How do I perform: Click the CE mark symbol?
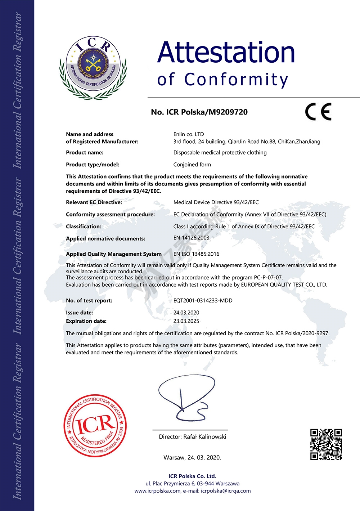click(318, 112)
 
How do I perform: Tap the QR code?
click(326, 444)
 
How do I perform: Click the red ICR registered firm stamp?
click(95, 425)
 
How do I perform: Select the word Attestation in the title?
click(226, 53)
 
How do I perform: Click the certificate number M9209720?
click(228, 112)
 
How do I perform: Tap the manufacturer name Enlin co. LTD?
click(189, 134)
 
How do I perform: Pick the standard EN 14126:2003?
click(191, 238)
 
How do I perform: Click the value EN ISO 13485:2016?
click(196, 254)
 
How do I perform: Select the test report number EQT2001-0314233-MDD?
click(203, 300)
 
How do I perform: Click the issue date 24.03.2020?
click(186, 313)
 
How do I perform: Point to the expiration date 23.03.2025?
click(186, 321)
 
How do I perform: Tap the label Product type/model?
click(93, 165)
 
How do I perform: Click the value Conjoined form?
click(192, 165)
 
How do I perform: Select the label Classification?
click(84, 227)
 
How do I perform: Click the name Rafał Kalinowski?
click(205, 437)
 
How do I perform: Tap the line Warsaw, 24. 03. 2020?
click(192, 458)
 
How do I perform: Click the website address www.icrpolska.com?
click(157, 491)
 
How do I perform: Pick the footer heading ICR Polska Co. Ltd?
click(192, 476)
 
